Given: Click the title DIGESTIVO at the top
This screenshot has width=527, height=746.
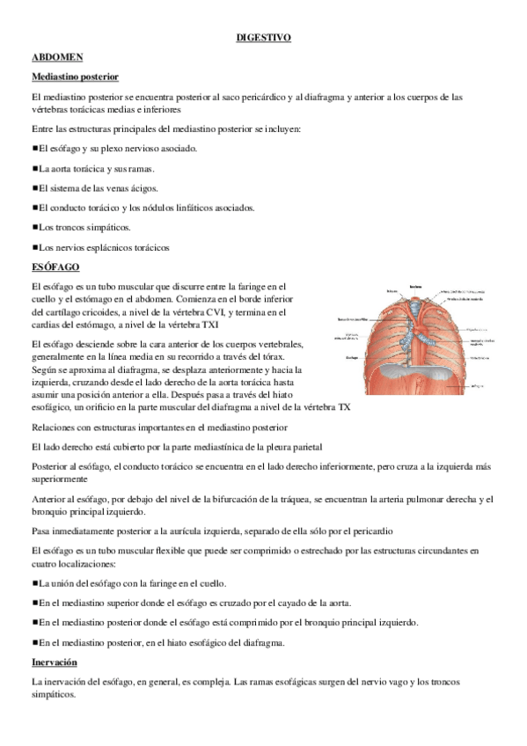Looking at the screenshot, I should tap(264, 38).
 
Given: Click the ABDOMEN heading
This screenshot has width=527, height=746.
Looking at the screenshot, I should tap(56, 57).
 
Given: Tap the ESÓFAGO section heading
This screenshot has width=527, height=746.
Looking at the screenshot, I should tap(55, 266).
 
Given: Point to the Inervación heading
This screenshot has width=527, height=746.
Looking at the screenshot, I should tap(54, 662).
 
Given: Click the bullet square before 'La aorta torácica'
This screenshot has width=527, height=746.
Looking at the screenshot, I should tap(34, 167).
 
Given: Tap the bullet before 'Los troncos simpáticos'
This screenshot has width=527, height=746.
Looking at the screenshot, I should tap(34, 227).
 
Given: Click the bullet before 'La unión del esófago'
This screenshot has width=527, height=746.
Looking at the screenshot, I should tap(34, 583).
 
